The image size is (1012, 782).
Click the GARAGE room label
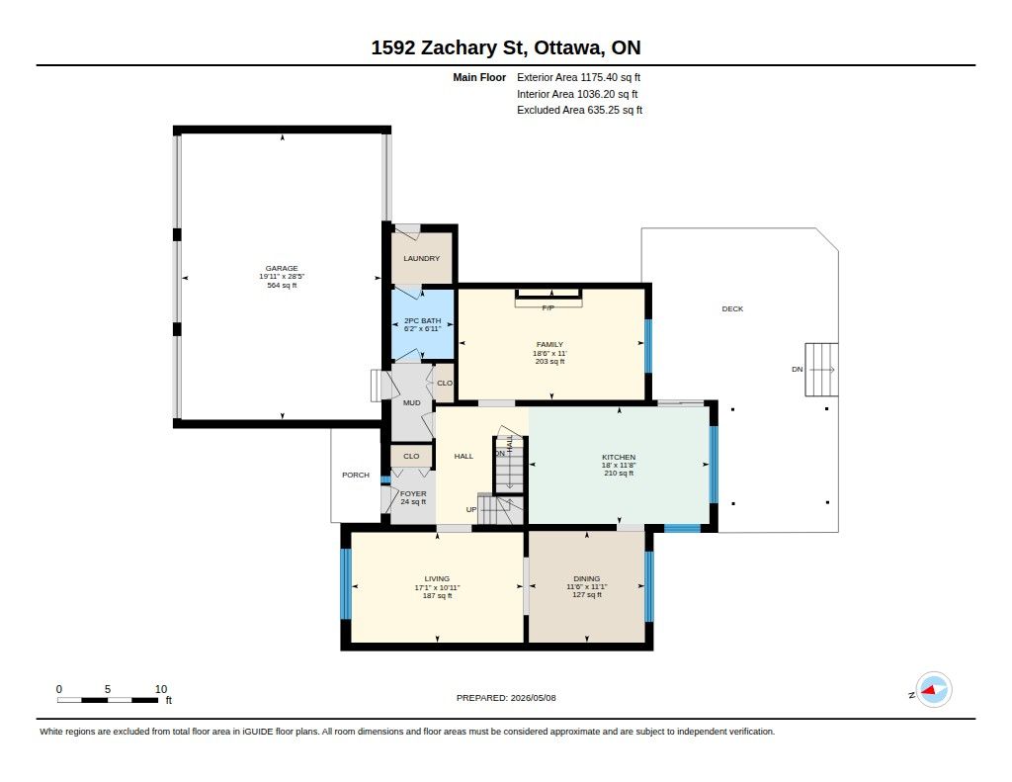282,268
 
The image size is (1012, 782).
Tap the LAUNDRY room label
421,258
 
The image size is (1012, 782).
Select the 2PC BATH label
423,320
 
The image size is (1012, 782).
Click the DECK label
732,308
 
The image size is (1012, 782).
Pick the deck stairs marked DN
821,370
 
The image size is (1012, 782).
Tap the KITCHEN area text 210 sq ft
619,474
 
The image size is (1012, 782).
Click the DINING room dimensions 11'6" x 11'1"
587,587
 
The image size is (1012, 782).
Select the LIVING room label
437,578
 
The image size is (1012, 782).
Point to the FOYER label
413,494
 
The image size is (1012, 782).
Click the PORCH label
356,475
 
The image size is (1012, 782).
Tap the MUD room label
412,402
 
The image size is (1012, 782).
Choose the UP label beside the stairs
471,509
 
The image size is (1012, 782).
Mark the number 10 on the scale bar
161,689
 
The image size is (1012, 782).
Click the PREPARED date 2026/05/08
533,697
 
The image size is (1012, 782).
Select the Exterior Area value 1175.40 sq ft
611,77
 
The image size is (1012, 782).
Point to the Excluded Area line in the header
579,111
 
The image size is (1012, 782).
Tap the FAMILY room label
549,344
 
